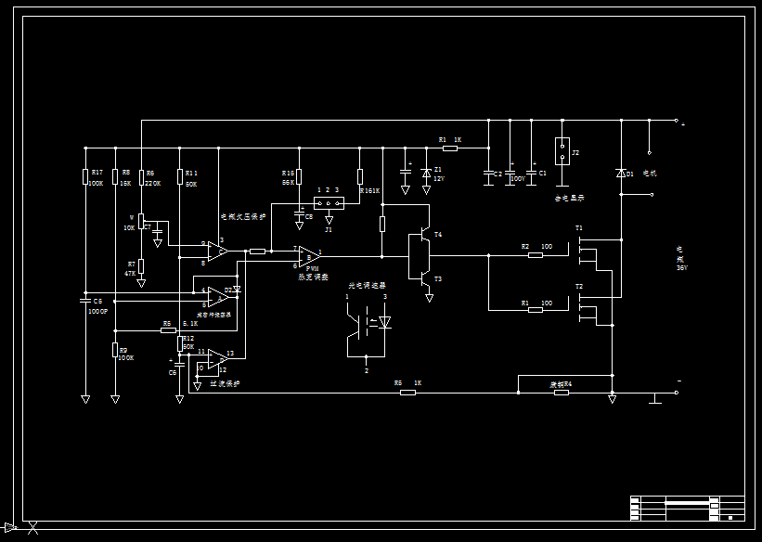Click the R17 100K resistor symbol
point(85,176)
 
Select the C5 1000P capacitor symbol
point(85,301)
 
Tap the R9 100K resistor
point(115,351)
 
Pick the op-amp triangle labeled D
point(217,297)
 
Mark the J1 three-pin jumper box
point(327,202)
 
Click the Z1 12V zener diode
point(426,173)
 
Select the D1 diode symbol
point(621,174)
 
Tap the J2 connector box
point(562,151)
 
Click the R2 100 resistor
point(536,253)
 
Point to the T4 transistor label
point(438,235)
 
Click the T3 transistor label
point(438,278)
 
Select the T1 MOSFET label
point(579,227)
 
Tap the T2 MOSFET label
point(579,287)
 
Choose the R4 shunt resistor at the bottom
point(561,393)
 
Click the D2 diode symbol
point(237,290)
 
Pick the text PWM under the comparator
point(312,268)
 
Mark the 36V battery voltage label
point(681,268)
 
